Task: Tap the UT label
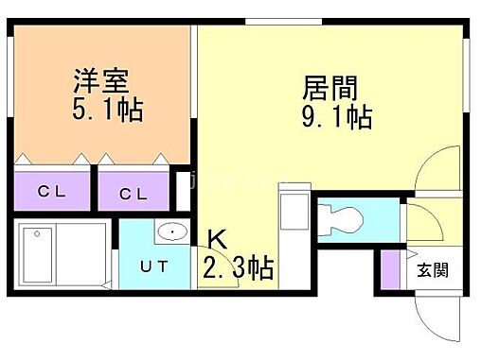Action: (155, 265)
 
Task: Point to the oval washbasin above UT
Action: (171, 231)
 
